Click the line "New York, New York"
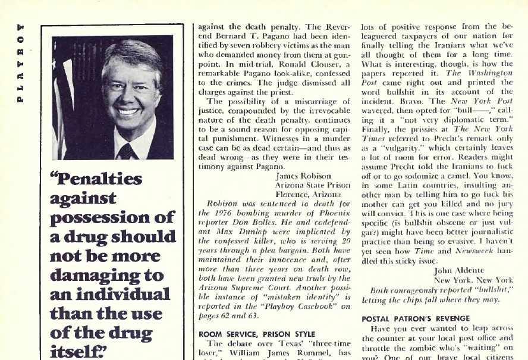tap(473, 280)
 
